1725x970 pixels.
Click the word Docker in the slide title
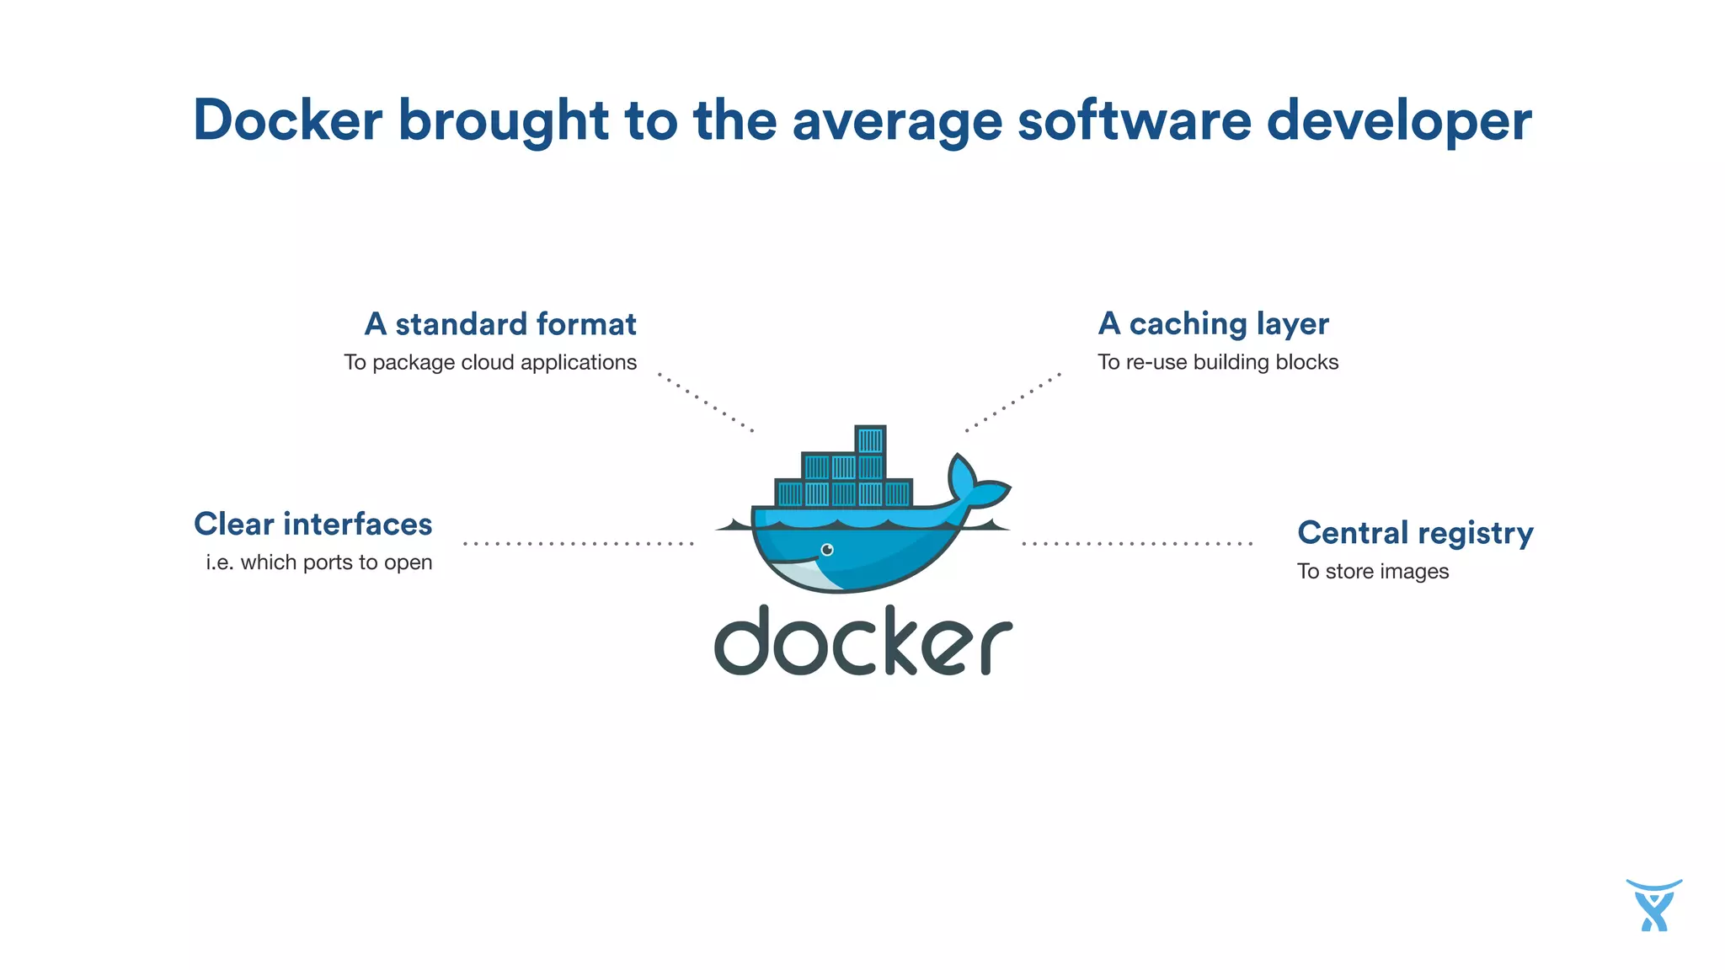coord(287,120)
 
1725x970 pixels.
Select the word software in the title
coord(1134,120)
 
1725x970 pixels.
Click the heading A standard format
coord(500,324)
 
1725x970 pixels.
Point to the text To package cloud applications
coord(490,363)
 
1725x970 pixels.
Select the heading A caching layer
coord(1213,324)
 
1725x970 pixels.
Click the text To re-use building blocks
coord(1217,363)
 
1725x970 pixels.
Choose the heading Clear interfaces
coord(312,525)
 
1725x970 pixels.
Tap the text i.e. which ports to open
coord(318,562)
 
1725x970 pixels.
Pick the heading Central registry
coord(1415,533)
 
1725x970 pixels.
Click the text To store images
coord(1372,572)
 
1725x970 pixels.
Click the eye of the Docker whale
coord(827,550)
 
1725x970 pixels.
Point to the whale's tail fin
coord(977,484)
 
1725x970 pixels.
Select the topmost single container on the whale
coord(870,440)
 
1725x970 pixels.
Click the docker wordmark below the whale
coord(862,642)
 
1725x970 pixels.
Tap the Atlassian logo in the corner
coord(1653,905)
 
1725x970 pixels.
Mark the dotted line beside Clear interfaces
coord(578,544)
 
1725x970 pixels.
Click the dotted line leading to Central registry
coord(1136,544)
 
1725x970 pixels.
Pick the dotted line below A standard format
coord(705,402)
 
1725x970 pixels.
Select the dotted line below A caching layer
coord(1012,402)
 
